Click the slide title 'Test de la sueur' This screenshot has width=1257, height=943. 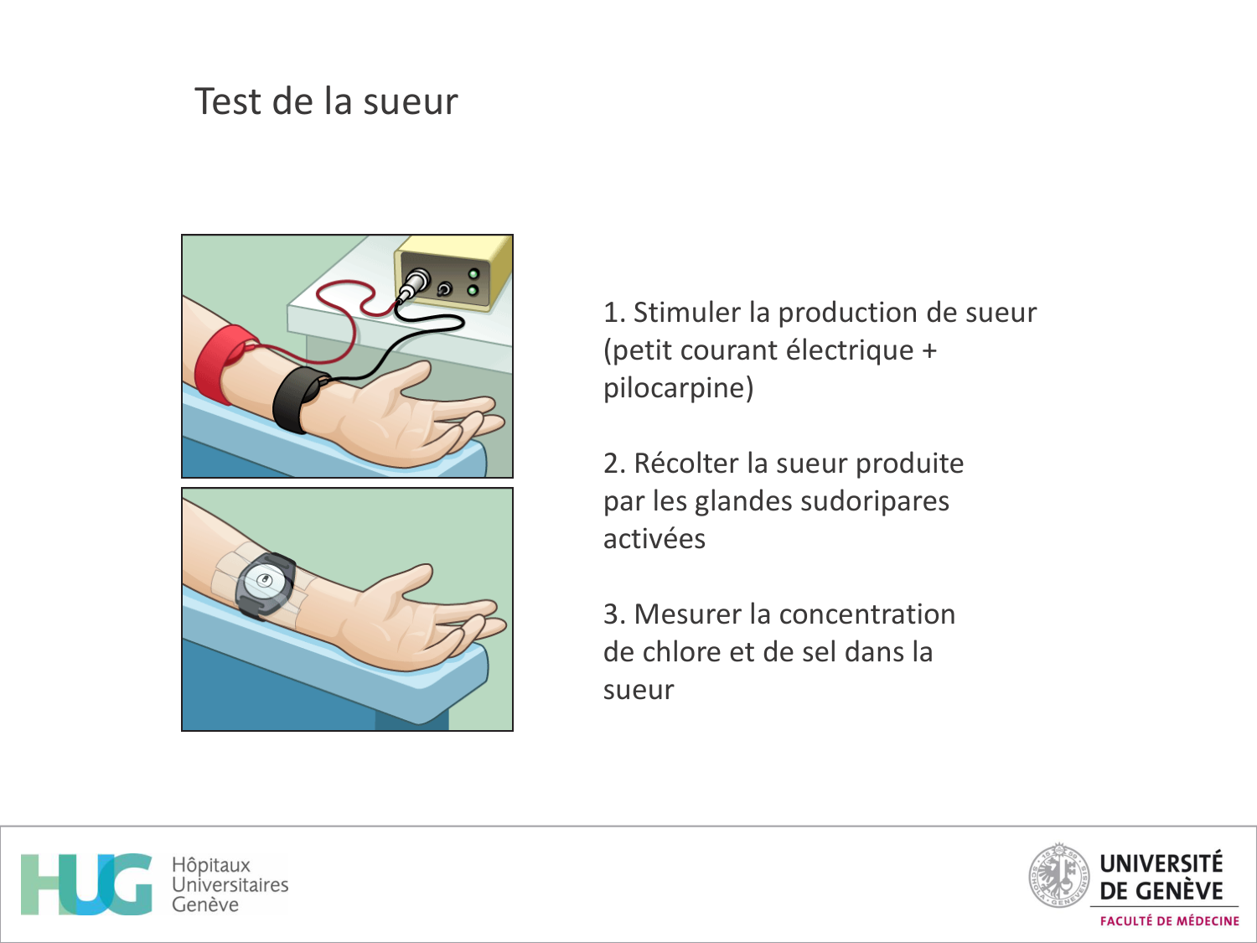(326, 101)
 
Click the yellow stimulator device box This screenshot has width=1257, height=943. (457, 272)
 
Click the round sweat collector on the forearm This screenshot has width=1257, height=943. (266, 580)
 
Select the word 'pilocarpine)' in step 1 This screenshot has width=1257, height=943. (678, 388)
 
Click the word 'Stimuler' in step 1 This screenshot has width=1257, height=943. (687, 313)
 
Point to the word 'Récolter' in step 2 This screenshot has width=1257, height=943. (686, 464)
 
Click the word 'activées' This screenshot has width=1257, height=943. (654, 539)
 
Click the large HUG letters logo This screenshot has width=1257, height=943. (86, 884)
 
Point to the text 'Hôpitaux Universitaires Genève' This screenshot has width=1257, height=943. (229, 884)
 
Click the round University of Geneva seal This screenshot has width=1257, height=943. (1058, 876)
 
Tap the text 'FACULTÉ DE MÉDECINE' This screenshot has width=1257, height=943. (1169, 921)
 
